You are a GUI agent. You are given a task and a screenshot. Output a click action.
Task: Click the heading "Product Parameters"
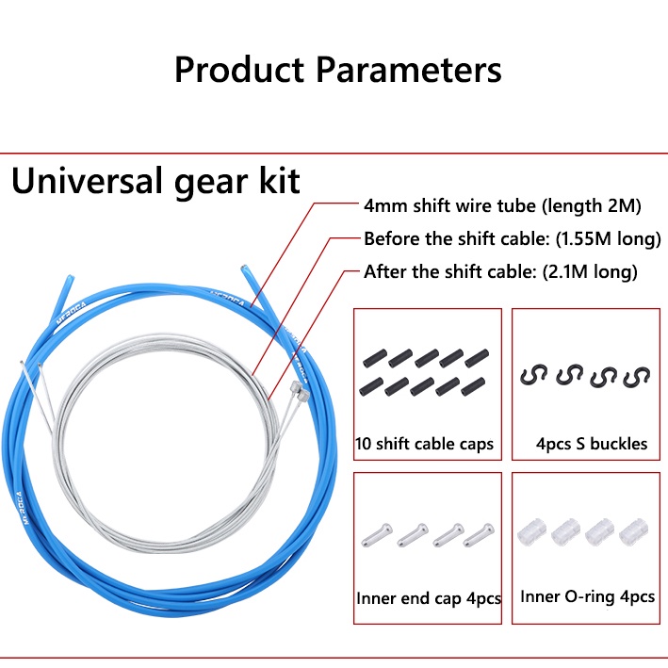click(x=338, y=70)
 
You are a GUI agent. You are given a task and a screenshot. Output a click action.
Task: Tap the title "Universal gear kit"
click(x=155, y=181)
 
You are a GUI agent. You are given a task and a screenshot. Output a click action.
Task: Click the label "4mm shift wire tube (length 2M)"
click(x=502, y=205)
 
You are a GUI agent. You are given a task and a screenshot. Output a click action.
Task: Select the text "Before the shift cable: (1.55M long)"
click(x=513, y=238)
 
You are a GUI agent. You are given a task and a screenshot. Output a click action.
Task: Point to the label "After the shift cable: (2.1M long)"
click(x=500, y=271)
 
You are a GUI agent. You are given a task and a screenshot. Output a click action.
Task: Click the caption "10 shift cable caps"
click(x=424, y=444)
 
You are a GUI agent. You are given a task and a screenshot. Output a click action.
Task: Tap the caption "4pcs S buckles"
click(x=592, y=444)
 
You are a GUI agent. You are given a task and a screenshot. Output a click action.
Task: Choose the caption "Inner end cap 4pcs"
click(x=429, y=598)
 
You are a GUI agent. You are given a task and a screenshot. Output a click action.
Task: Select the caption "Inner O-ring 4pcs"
click(x=588, y=596)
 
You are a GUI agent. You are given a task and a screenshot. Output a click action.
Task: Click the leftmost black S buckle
click(x=533, y=375)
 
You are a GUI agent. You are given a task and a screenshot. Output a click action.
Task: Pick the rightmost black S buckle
click(x=637, y=377)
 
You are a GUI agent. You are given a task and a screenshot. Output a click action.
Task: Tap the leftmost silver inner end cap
click(x=377, y=535)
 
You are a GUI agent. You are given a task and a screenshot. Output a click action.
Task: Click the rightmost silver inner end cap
click(x=479, y=535)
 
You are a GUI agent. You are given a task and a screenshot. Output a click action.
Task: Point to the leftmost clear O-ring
click(x=531, y=531)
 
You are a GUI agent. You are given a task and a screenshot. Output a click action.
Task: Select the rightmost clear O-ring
click(x=633, y=531)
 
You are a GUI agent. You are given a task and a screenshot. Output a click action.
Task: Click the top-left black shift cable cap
click(x=375, y=358)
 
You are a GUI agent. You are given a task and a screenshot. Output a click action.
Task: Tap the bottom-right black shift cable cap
click(x=473, y=386)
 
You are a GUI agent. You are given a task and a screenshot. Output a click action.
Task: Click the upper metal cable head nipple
click(x=294, y=387)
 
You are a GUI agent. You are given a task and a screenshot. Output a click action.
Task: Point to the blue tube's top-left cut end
click(x=70, y=278)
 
